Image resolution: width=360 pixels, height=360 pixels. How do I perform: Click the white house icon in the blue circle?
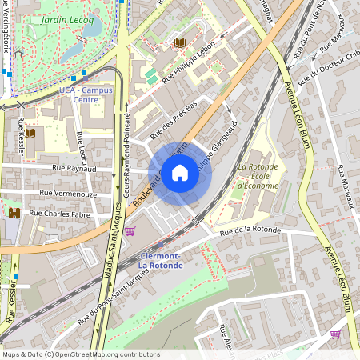pos(180,172)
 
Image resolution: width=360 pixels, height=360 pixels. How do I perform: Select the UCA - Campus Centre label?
pos(86,96)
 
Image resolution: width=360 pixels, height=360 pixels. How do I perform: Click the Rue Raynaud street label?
pos(74,169)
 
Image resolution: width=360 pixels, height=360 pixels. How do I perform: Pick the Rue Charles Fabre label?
pos(59,214)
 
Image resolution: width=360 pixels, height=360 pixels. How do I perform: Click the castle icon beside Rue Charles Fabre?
pos(14,213)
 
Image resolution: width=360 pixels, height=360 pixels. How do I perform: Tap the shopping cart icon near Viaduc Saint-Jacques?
pos(130,231)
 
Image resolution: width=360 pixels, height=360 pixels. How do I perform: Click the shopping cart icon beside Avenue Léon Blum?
pos(335,334)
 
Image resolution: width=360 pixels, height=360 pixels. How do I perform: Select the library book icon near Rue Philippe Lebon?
pos(180,42)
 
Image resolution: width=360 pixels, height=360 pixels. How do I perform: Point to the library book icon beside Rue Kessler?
pos(30,133)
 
